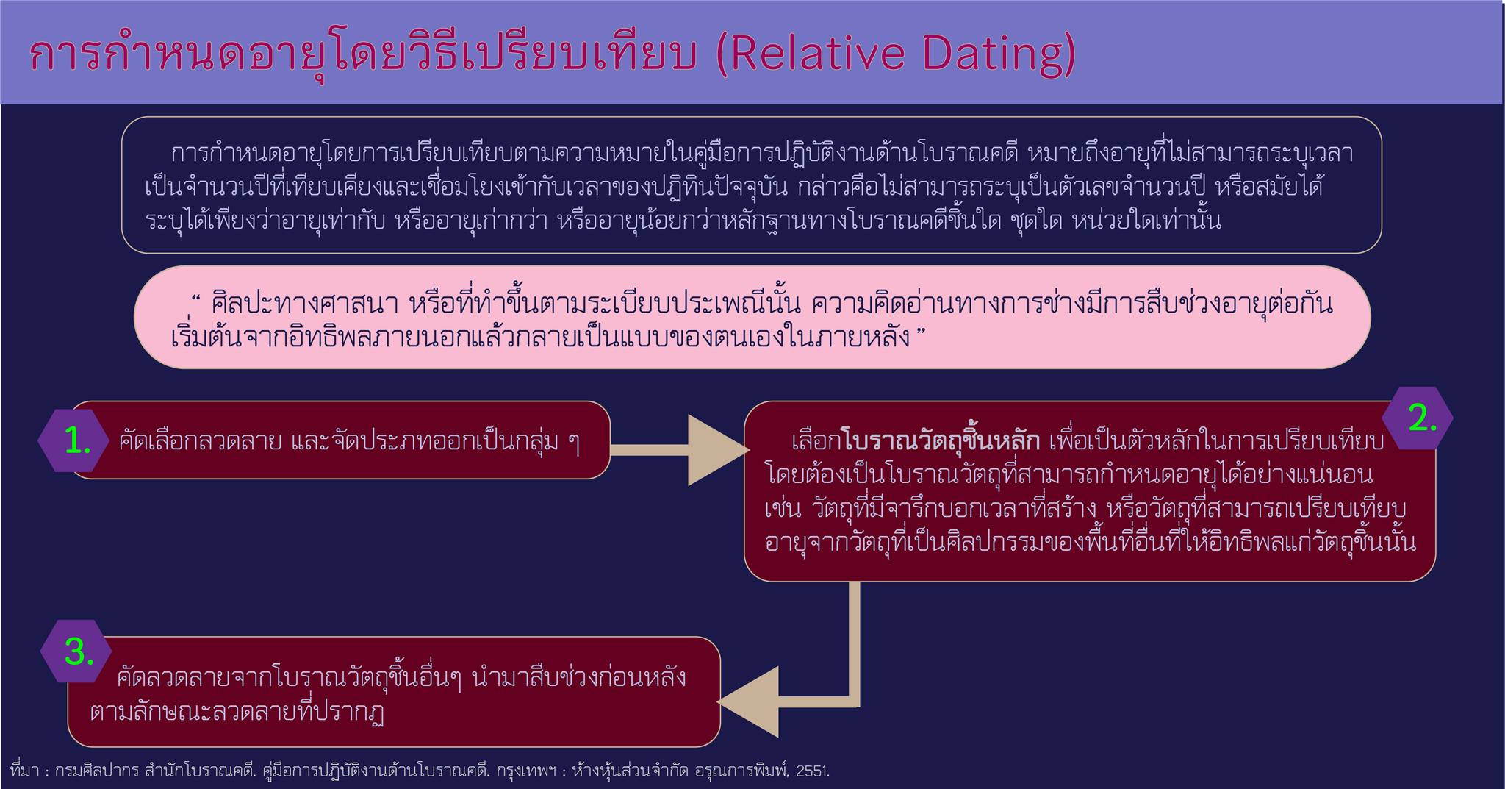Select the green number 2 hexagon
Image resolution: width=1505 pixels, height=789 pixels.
point(1417,418)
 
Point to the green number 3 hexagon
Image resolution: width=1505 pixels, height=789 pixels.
point(76,651)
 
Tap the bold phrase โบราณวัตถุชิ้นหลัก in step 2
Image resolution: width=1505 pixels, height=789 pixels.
point(943,442)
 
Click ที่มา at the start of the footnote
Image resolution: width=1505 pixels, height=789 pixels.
point(26,771)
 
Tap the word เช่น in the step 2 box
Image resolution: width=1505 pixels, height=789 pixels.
point(784,508)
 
